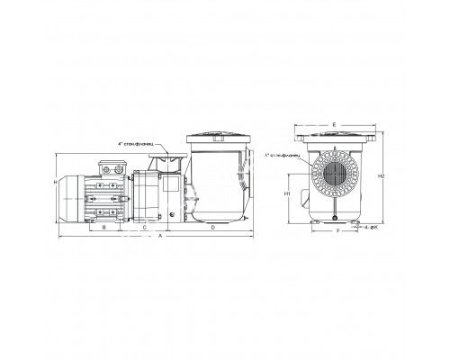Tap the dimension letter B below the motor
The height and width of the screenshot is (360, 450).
[105, 228]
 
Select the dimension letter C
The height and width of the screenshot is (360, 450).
[146, 228]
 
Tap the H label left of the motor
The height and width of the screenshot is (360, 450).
[56, 184]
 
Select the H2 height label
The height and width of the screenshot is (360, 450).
[381, 177]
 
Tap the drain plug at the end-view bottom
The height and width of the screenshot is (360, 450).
[335, 218]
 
